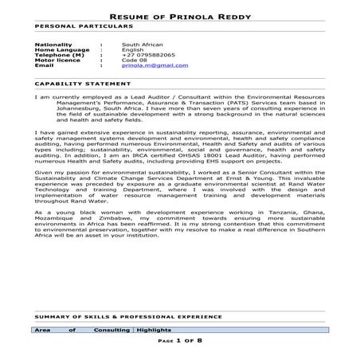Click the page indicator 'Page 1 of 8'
click(x=180, y=340)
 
